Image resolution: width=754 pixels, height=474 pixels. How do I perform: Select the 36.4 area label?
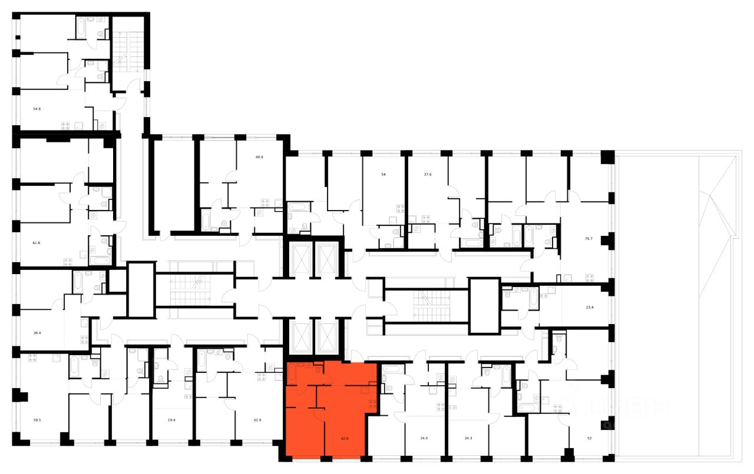(x=37, y=333)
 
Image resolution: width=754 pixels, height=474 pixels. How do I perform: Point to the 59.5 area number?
(x=37, y=420)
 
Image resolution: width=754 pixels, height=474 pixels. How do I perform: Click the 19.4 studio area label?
(x=171, y=420)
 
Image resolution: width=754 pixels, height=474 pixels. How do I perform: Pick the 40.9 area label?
(x=259, y=156)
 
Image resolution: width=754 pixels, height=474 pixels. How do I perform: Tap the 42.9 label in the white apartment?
(x=257, y=420)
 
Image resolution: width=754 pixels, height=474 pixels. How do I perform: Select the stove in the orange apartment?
(x=372, y=404)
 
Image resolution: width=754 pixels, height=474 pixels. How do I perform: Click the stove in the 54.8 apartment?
(x=65, y=125)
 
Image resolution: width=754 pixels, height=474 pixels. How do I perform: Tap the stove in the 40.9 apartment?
(x=264, y=203)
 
